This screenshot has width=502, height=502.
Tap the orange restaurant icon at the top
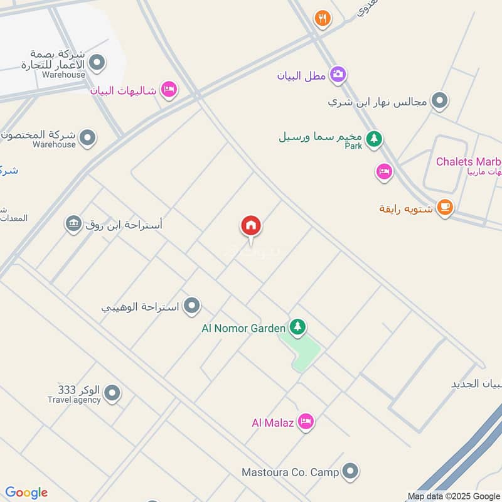point(323,18)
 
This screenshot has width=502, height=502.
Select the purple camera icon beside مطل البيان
point(338,74)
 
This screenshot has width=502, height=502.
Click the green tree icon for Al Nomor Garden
point(297,327)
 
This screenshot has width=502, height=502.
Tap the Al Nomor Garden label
point(243,328)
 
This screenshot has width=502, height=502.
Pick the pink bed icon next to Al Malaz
point(306,422)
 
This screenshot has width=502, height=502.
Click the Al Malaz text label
point(272,423)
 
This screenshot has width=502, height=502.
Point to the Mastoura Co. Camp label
point(291,472)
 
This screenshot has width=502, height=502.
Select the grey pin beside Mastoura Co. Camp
point(350,471)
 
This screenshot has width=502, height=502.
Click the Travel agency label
point(74,400)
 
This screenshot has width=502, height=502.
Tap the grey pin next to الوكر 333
point(112,393)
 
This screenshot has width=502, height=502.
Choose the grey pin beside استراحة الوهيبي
point(193,306)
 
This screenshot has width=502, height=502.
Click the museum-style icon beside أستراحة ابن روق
point(73,223)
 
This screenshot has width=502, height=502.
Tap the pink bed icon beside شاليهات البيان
point(168,90)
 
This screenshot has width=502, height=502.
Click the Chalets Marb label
point(469,161)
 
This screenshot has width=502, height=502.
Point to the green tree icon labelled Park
point(374,138)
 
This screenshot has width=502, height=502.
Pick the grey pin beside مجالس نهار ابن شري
point(441,100)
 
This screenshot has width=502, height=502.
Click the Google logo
point(26,493)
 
